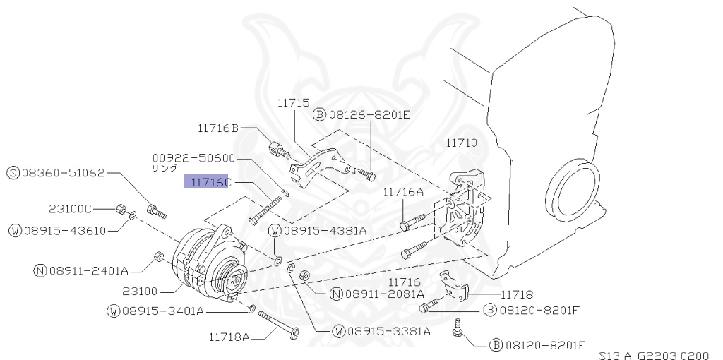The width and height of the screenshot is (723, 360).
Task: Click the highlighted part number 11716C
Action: (207, 182)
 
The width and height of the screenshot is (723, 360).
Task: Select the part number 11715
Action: (293, 102)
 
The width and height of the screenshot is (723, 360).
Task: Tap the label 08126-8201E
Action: (367, 115)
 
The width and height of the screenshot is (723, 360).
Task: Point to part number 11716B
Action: (218, 128)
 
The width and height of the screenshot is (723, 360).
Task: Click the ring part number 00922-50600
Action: (194, 159)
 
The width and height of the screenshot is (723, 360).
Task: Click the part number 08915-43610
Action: (63, 230)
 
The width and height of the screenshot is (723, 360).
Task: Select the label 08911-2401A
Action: (88, 270)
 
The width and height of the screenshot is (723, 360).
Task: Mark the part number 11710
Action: (461, 142)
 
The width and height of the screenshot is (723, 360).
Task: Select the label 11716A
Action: (403, 191)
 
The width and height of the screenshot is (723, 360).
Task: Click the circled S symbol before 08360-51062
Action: (13, 172)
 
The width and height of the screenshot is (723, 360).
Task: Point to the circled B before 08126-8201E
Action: (319, 115)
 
